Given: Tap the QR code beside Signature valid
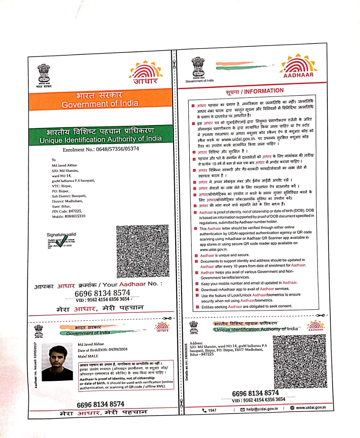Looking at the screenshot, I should pos(142,251).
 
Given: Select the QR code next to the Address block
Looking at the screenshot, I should pos(300,361).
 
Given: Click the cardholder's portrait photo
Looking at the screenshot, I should pos(57,362).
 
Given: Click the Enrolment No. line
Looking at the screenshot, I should pos(101,149).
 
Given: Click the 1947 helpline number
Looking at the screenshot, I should pos(210,410).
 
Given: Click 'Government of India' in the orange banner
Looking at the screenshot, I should pos(100,104).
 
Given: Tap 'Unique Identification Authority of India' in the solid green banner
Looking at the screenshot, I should pos(101,140).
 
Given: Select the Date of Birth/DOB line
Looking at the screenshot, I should pos(103,350).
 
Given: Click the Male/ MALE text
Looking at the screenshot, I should pos(88,356).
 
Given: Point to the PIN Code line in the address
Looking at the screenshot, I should pos(67,211).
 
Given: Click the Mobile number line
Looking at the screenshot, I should pos(68,216).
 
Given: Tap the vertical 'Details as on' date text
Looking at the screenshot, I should pos(187,362).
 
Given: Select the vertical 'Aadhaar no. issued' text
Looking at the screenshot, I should pos(35,365).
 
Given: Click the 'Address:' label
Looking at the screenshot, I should pos(196,343).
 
